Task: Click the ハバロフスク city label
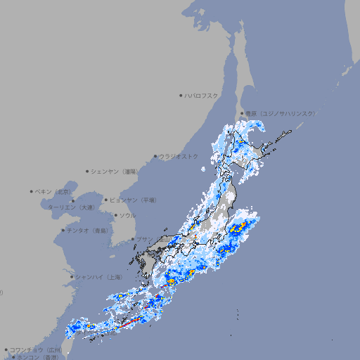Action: point(202,95)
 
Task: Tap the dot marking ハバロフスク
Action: point(181,95)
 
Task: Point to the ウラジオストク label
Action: point(179,156)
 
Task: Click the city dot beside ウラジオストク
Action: point(156,156)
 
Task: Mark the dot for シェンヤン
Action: point(88,171)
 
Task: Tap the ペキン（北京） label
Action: point(54,191)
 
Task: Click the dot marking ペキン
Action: point(32,191)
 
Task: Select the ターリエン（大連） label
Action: point(70,207)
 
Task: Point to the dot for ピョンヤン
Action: point(107,200)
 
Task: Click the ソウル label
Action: point(127,215)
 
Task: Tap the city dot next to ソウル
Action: point(115,215)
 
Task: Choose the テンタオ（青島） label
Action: point(89,230)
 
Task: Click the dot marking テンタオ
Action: point(63,230)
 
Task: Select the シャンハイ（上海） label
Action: point(99,277)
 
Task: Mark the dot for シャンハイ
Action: point(72,277)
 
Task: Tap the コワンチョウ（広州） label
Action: point(37,349)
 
